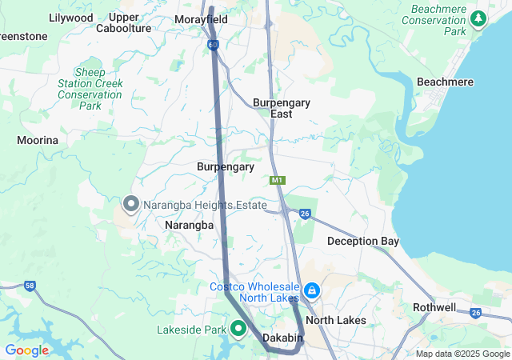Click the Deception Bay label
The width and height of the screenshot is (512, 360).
click(x=362, y=241)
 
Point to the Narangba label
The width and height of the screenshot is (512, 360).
click(x=189, y=226)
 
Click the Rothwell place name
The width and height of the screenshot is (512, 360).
click(x=434, y=307)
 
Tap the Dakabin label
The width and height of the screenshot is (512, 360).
click(x=283, y=338)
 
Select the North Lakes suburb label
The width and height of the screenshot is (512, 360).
click(x=336, y=320)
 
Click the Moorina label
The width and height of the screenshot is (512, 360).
click(x=38, y=140)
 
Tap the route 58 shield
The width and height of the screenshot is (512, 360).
click(x=30, y=286)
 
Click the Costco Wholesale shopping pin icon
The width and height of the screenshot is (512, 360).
click(x=312, y=290)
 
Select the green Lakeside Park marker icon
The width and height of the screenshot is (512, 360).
click(x=238, y=329)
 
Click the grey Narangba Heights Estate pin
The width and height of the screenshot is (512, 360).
click(x=130, y=205)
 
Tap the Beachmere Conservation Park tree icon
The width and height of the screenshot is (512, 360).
click(x=478, y=18)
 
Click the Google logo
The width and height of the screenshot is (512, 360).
click(x=26, y=350)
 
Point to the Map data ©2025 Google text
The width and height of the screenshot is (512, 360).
click(x=462, y=354)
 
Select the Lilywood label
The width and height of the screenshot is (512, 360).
click(x=70, y=17)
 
